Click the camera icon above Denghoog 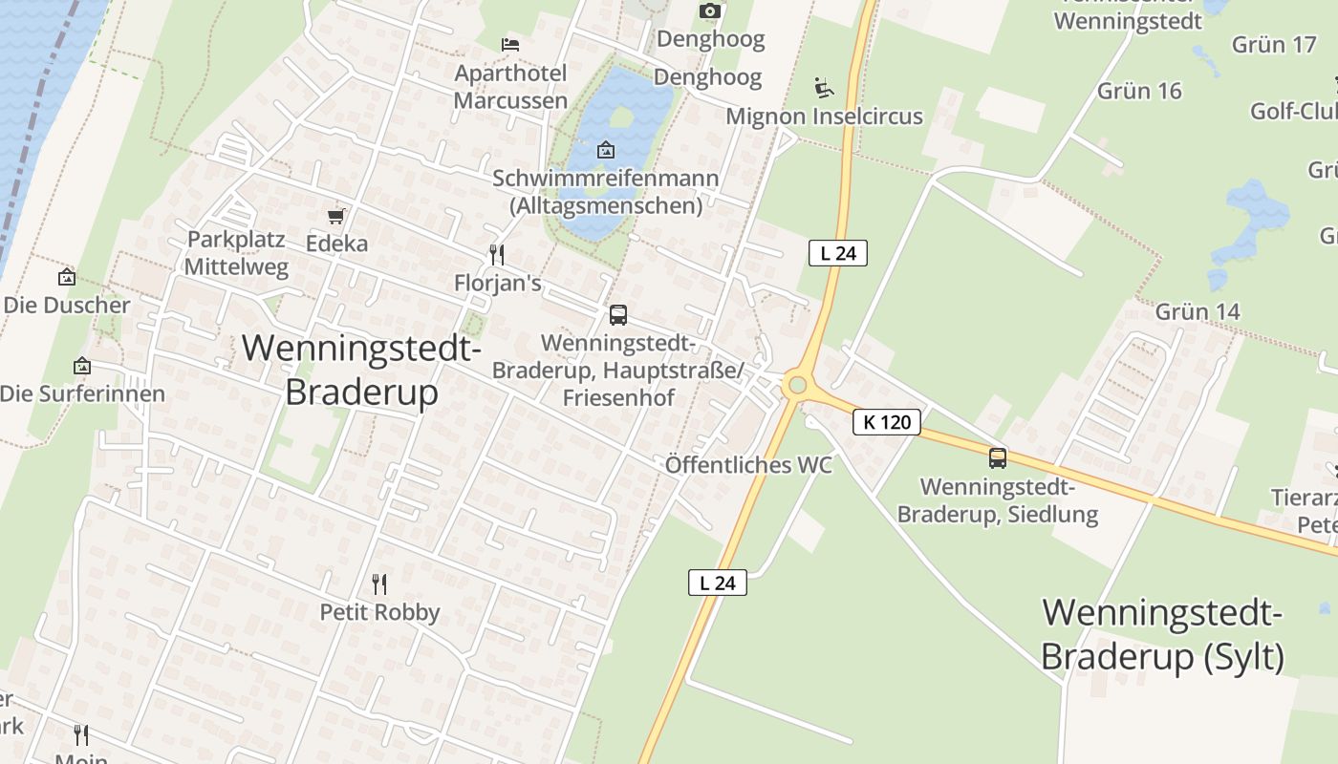click(x=709, y=11)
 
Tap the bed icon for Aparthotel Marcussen click(x=510, y=44)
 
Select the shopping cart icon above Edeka click(x=335, y=217)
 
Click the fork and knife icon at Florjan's click(x=496, y=255)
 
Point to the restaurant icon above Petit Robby click(x=379, y=584)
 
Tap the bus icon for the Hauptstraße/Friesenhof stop click(x=618, y=315)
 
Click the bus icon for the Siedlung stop click(x=998, y=458)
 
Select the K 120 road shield click(x=887, y=421)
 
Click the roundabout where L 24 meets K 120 click(x=797, y=386)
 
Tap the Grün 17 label click(x=1274, y=44)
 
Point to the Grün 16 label click(x=1139, y=91)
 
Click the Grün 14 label click(x=1198, y=311)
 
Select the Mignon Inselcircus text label click(x=824, y=117)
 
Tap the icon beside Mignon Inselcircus click(x=823, y=88)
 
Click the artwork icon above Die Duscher click(x=67, y=278)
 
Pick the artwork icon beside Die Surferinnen click(x=82, y=366)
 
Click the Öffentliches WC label click(x=748, y=465)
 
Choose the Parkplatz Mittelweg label click(x=236, y=253)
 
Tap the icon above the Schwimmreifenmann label click(x=605, y=150)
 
